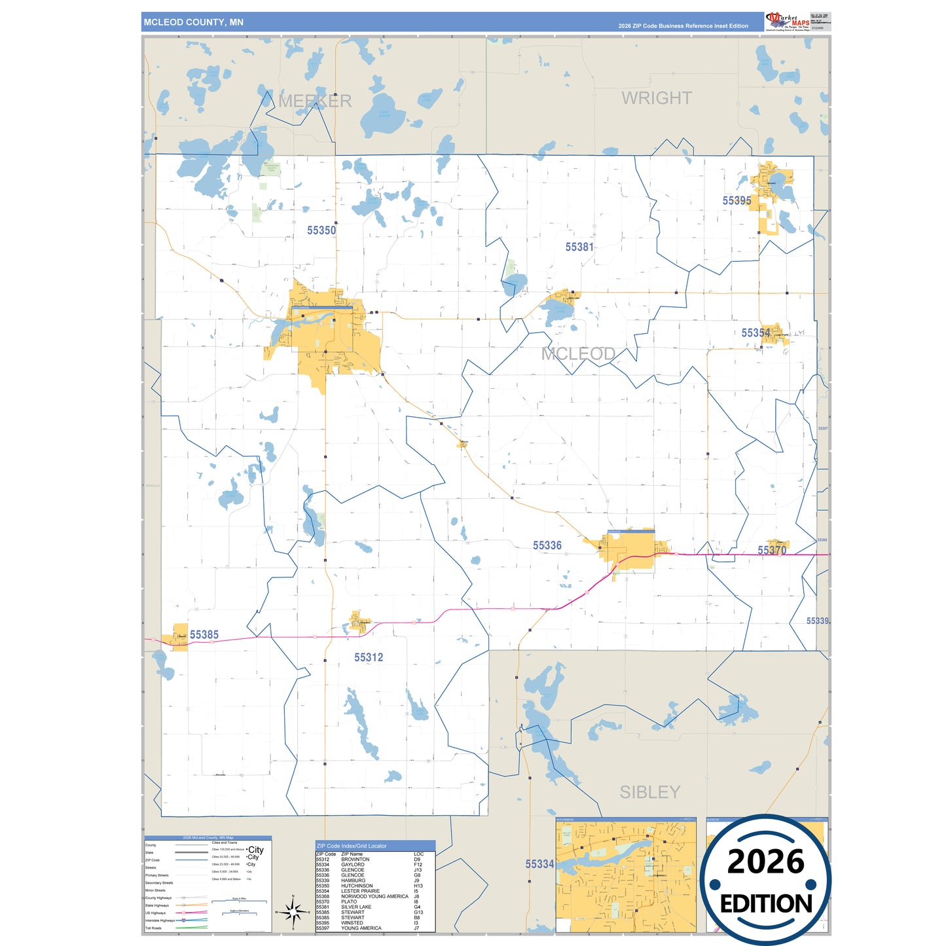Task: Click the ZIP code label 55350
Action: [x=321, y=230]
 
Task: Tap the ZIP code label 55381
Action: [x=579, y=247]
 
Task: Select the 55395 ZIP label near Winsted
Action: [x=737, y=201]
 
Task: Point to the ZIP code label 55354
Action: [x=755, y=333]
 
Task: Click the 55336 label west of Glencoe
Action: [x=547, y=545]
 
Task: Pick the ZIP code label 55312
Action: [x=369, y=657]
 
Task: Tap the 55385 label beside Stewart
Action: [x=204, y=634]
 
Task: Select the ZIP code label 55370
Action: [x=772, y=551]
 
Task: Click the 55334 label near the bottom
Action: [x=539, y=864]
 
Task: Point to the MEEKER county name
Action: [x=315, y=101]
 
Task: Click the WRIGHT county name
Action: [x=657, y=98]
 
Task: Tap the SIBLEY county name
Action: [x=650, y=792]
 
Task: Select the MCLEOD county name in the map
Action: [x=578, y=354]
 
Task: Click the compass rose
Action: [x=293, y=911]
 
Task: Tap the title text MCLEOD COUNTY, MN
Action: [x=194, y=22]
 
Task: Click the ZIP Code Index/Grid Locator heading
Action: [x=352, y=846]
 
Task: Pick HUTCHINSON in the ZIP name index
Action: [x=357, y=886]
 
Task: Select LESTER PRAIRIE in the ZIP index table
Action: [x=360, y=891]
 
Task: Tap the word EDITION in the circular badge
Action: [x=766, y=904]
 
